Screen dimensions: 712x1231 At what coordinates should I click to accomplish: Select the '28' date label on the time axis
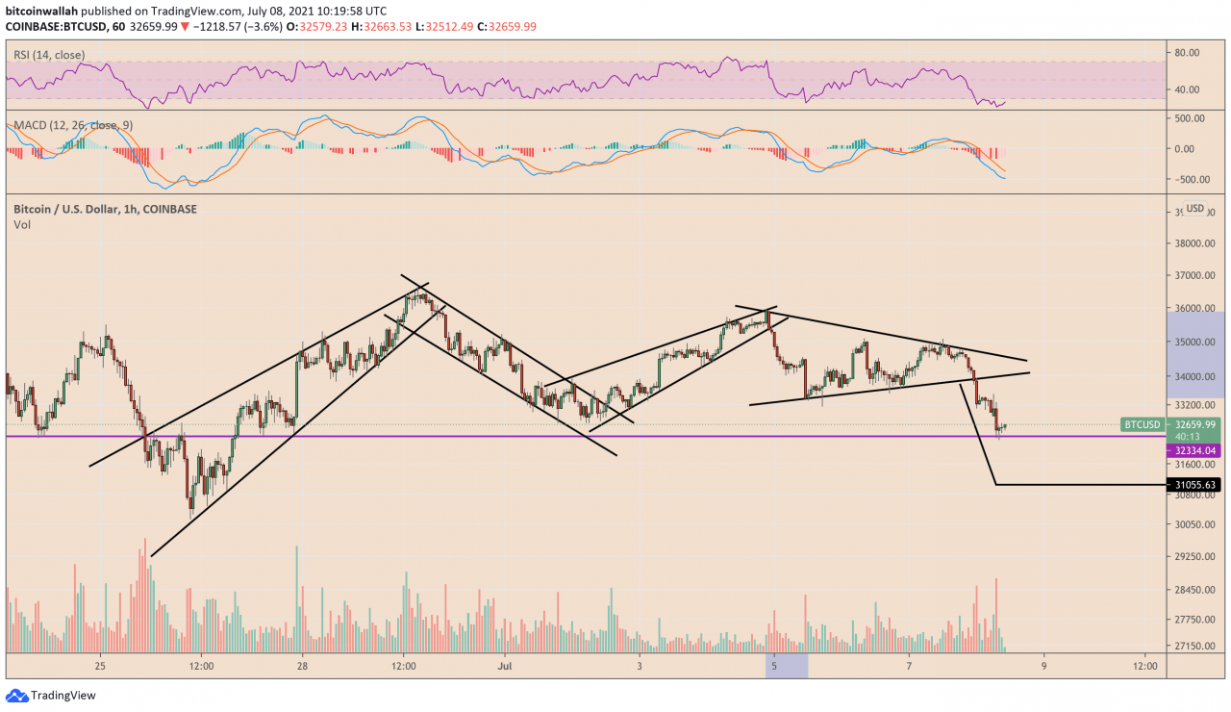coord(302,664)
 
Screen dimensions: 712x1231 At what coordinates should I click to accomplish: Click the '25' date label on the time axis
coord(100,664)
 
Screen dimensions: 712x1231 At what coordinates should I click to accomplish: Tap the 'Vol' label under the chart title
coord(22,224)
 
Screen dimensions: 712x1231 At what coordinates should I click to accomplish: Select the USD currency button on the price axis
coord(1194,208)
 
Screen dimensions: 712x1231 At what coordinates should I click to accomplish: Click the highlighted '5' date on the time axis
coord(774,664)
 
